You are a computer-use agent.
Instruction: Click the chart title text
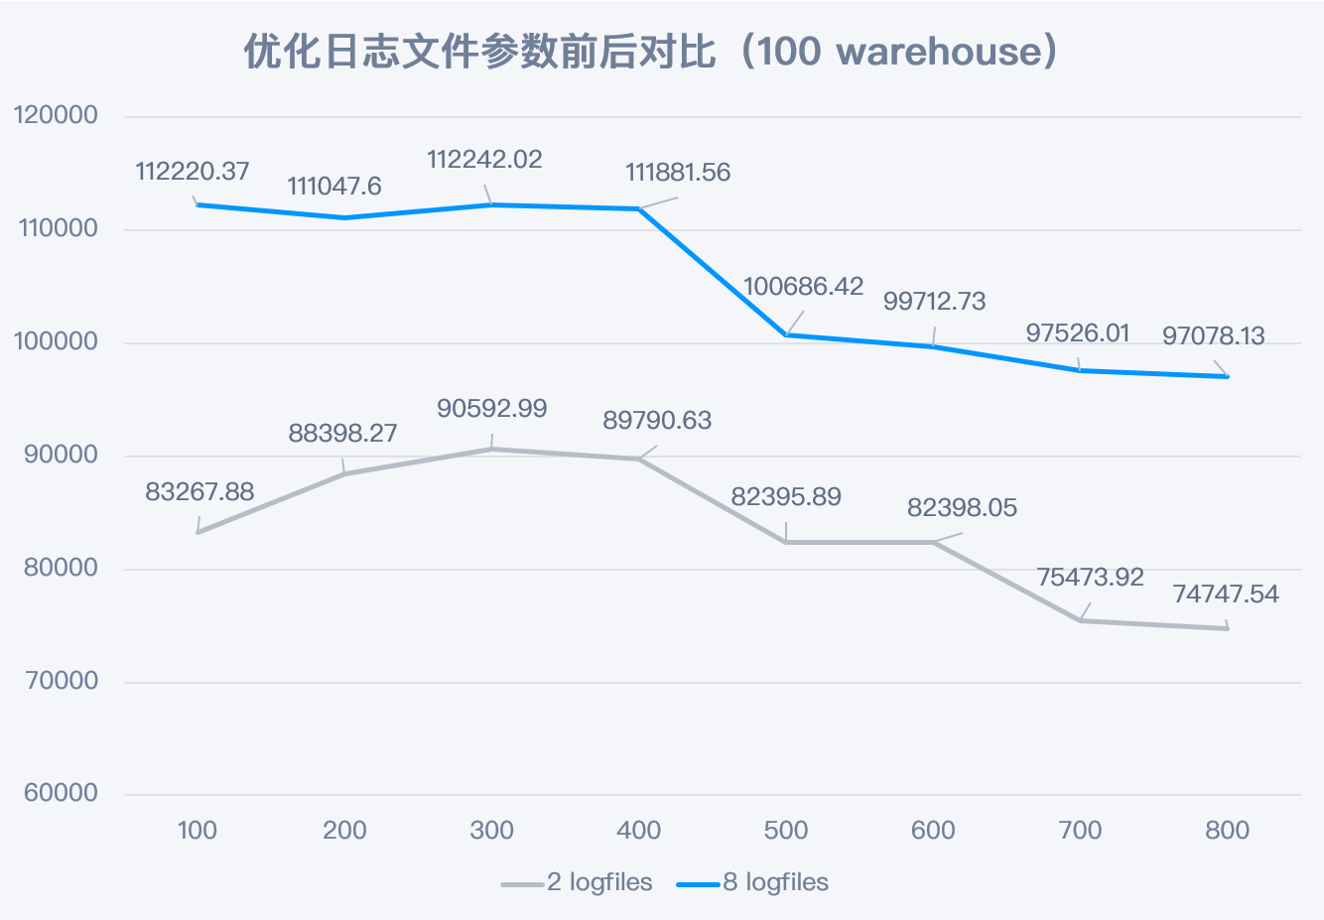(x=651, y=52)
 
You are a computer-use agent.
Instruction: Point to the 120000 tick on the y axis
(x=56, y=115)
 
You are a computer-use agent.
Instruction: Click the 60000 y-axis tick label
(x=56, y=793)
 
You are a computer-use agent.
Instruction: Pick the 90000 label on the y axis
(x=56, y=455)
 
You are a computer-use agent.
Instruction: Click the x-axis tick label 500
(x=786, y=831)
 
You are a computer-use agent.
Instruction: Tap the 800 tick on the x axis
(x=1227, y=831)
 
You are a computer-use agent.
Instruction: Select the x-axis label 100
(x=198, y=831)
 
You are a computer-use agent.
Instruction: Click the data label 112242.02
(x=484, y=160)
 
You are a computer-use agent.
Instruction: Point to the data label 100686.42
(x=803, y=287)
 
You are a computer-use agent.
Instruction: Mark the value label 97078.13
(x=1213, y=336)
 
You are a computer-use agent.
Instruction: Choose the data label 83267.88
(x=199, y=492)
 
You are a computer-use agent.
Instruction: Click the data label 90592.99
(x=491, y=409)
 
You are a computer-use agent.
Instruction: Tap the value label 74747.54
(x=1226, y=594)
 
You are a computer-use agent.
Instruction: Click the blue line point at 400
(x=639, y=208)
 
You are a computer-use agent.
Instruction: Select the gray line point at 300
(x=491, y=450)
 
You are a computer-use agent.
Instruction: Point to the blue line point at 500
(x=786, y=334)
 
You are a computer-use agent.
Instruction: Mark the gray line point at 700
(x=1080, y=620)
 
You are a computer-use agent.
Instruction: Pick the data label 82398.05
(x=962, y=508)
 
